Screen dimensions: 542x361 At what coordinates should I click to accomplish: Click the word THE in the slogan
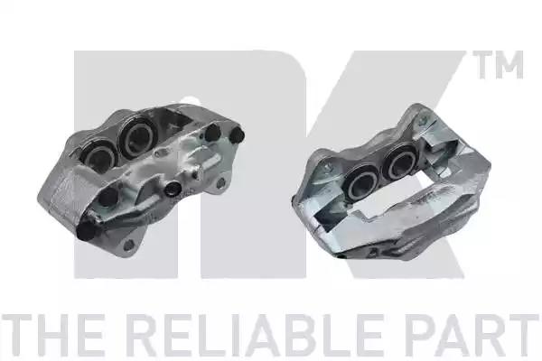(52, 335)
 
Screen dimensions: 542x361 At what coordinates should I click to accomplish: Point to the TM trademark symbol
(500, 65)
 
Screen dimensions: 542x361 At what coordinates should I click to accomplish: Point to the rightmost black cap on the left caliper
(237, 135)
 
